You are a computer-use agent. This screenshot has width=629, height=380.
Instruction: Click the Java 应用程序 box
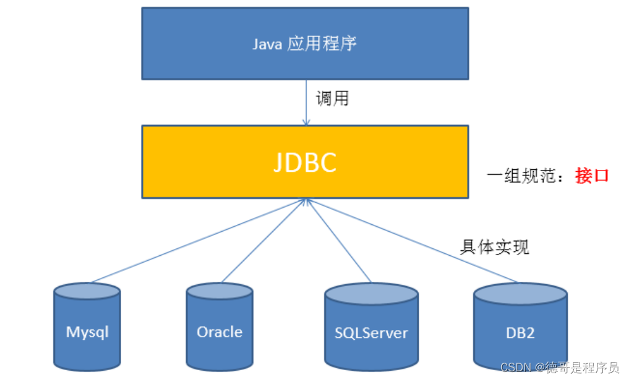click(305, 43)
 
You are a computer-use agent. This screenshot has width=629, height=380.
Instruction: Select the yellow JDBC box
click(305, 161)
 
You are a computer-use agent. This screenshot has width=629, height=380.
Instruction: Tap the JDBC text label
click(305, 163)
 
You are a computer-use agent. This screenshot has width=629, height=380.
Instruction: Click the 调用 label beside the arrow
click(332, 99)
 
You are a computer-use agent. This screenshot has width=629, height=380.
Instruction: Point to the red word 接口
click(592, 175)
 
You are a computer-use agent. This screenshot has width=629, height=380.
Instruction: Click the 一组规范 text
click(521, 175)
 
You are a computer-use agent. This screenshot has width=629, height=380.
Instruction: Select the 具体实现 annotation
click(494, 247)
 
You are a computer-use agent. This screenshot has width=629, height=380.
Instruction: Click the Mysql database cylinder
click(87, 327)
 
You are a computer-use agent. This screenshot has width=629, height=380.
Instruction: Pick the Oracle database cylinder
click(220, 327)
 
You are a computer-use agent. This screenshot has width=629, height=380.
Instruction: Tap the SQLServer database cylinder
click(372, 327)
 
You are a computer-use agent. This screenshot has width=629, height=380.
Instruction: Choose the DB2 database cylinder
click(520, 327)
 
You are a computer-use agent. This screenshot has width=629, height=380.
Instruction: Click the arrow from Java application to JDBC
click(306, 103)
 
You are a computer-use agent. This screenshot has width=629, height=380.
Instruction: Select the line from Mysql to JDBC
click(199, 241)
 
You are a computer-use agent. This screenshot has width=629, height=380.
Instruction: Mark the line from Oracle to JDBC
click(263, 241)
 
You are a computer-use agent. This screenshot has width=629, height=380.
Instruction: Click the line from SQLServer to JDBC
click(338, 241)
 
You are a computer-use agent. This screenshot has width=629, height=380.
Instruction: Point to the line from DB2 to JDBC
click(411, 241)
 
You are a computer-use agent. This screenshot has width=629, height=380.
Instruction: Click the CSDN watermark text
click(560, 367)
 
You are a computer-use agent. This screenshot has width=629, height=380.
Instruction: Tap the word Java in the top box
click(267, 44)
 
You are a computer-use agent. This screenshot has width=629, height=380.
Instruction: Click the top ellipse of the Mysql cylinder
click(87, 291)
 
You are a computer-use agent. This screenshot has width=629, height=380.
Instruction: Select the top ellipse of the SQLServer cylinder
click(372, 293)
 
